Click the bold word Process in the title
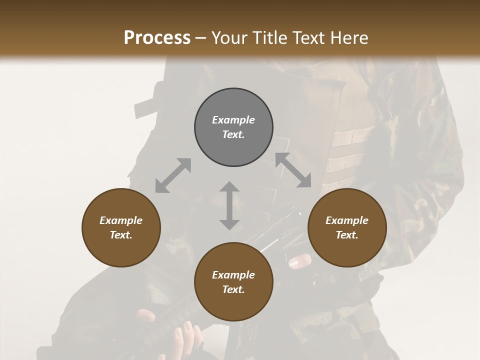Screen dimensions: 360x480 pos(157,37)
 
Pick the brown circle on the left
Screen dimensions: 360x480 pos(121,227)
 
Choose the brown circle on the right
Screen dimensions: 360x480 pos(347,227)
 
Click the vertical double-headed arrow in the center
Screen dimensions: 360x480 pos(229,205)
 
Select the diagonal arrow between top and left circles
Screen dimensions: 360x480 pos(173,175)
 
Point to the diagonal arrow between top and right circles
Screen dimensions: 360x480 pos(293,170)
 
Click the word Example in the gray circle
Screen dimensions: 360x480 pos(233,120)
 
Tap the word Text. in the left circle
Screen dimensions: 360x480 pos(121,235)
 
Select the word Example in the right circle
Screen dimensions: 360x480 pos(347,220)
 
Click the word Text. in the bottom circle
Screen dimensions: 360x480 pos(233,289)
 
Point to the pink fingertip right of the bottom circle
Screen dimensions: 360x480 pos(300,260)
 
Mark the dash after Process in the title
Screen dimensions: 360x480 pos(200,38)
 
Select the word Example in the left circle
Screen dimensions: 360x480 pos(121,220)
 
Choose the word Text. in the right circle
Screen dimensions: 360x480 pos(347,235)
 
